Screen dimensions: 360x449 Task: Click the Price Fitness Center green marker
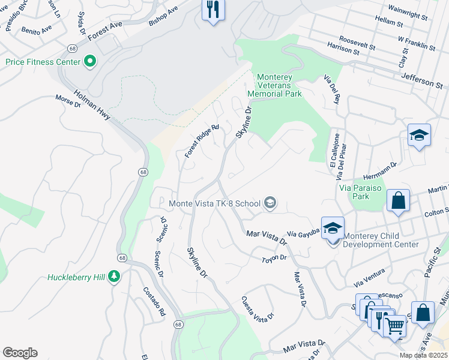[90, 61]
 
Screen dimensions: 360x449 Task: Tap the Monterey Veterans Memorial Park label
[279, 85]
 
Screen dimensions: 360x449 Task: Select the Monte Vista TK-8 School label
[214, 203]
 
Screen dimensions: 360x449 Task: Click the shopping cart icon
[394, 327]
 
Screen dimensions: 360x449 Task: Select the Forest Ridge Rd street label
[202, 141]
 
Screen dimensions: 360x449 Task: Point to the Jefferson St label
[424, 80]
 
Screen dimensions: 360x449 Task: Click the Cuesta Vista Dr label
[258, 307]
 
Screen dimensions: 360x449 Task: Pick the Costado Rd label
[153, 305]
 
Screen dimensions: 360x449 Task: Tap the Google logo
[20, 353]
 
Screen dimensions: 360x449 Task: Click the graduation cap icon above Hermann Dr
[419, 136]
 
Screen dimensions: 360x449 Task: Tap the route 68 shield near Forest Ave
[72, 47]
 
